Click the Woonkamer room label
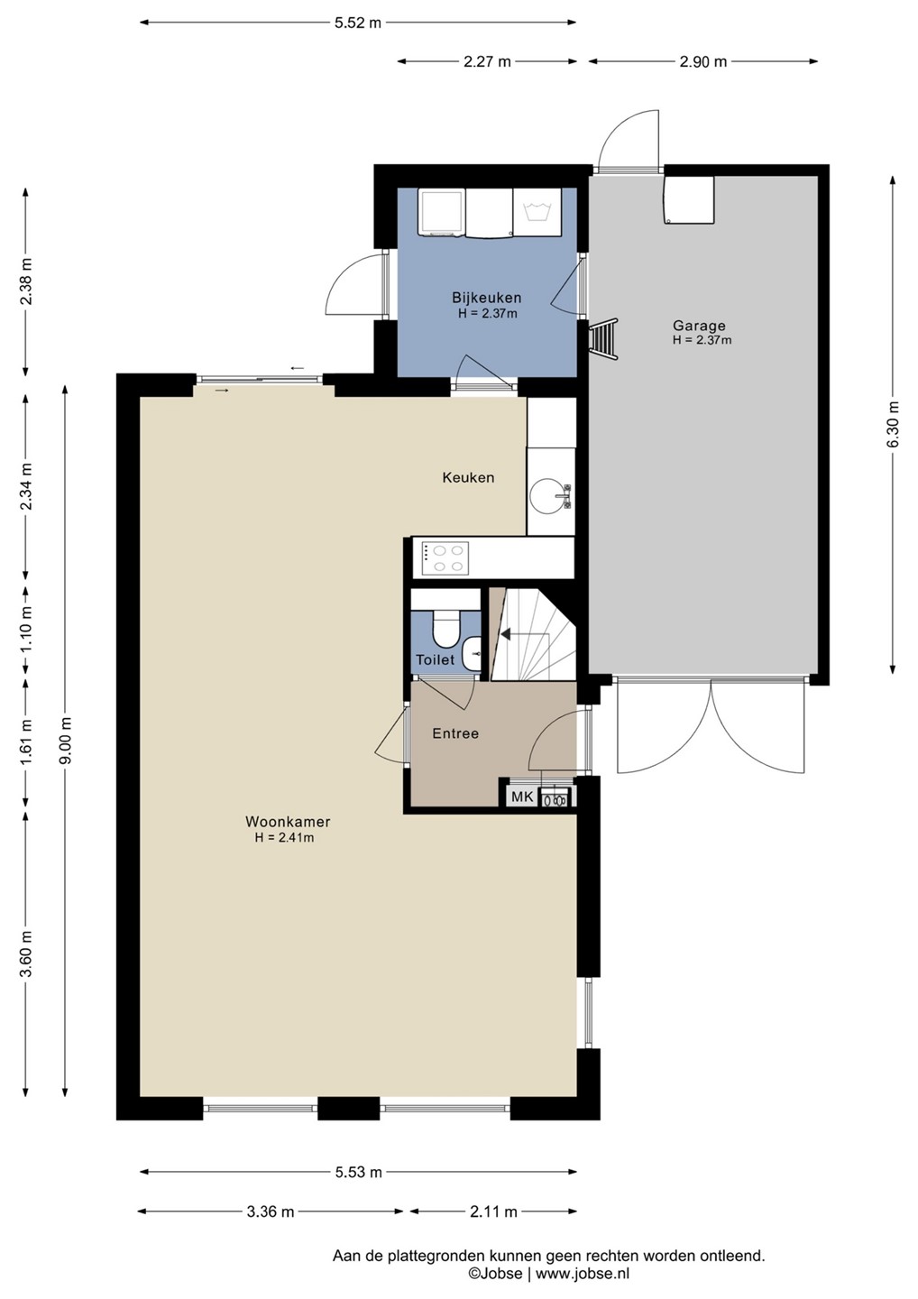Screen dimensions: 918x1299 (x=288, y=822)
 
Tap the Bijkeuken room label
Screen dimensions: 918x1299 (x=487, y=298)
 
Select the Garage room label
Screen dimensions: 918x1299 (x=699, y=326)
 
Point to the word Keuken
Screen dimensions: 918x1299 (x=468, y=477)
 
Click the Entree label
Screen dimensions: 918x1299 (x=455, y=733)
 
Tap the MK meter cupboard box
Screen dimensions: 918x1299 (x=521, y=797)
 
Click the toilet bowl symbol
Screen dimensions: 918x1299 (x=446, y=630)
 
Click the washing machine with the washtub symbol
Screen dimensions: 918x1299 (x=537, y=212)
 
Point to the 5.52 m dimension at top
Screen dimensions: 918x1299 (x=358, y=23)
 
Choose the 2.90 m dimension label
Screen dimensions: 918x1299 (x=703, y=61)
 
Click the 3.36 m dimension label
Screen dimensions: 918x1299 (x=271, y=1211)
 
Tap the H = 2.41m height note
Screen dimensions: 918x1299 (x=284, y=837)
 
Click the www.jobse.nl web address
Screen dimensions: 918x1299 (x=582, y=1274)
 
